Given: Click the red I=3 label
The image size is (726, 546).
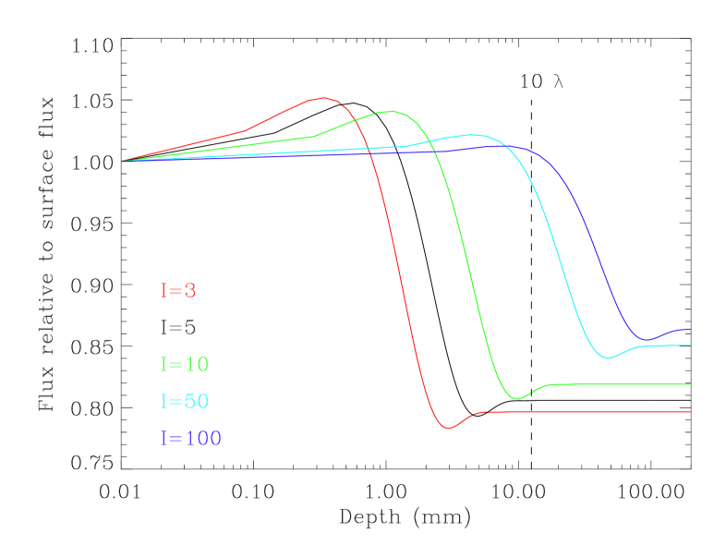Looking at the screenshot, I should [x=178, y=290].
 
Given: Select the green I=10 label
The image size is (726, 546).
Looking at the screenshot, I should [x=185, y=364].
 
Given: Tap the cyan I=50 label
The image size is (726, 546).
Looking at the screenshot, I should [x=185, y=402].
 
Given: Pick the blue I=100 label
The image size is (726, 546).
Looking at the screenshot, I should [x=191, y=439].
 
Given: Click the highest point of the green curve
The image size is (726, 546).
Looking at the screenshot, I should [x=392, y=111].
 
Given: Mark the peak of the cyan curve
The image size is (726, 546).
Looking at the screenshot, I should [x=473, y=135].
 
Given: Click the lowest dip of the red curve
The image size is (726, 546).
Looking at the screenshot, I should [x=449, y=429].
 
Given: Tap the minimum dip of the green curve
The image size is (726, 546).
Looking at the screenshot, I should [x=517, y=399].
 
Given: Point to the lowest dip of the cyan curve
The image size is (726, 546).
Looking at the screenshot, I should [x=607, y=358].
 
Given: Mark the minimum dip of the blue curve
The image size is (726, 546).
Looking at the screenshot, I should [x=647, y=340].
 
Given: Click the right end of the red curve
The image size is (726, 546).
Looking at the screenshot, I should [x=690, y=412].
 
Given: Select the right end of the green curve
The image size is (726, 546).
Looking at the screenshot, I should [x=690, y=383].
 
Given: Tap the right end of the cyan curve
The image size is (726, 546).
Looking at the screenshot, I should [x=690, y=346].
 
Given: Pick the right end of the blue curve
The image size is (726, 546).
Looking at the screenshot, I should [x=690, y=329].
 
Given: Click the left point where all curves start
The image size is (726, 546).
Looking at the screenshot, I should [x=122, y=161].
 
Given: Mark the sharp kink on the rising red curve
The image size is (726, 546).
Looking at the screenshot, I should [x=245, y=130].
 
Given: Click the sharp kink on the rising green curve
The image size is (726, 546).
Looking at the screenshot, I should [x=315, y=136].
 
